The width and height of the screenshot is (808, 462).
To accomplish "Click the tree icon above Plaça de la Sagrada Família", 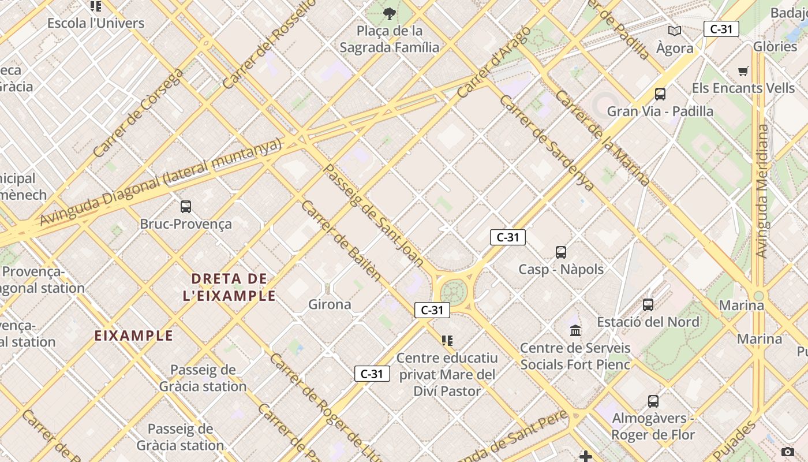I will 390,13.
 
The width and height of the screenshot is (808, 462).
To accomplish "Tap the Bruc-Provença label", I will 186,224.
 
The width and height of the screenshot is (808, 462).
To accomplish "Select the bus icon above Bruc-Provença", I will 186,206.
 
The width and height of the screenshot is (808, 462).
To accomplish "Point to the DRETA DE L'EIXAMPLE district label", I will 229,287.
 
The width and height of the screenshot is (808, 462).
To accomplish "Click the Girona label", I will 330,304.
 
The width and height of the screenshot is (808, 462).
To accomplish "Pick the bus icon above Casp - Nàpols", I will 561,252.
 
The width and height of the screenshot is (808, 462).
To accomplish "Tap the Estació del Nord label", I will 648,322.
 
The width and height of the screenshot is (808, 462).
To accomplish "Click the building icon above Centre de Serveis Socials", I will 575,331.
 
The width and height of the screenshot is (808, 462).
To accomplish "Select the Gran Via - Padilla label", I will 660,111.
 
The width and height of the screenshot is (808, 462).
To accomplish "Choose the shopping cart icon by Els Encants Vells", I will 743,72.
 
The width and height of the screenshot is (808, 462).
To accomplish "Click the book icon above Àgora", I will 674,31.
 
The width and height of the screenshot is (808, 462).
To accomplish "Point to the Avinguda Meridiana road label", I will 764,191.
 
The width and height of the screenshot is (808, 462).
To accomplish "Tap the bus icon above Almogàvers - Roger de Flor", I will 653,401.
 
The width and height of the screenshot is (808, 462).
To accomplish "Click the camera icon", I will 788,452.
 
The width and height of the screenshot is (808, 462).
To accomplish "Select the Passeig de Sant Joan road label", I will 373,215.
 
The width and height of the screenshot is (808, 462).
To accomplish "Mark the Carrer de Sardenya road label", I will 546,143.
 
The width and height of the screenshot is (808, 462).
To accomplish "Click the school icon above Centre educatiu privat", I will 447,341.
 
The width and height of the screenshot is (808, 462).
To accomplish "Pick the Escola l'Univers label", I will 96,23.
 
